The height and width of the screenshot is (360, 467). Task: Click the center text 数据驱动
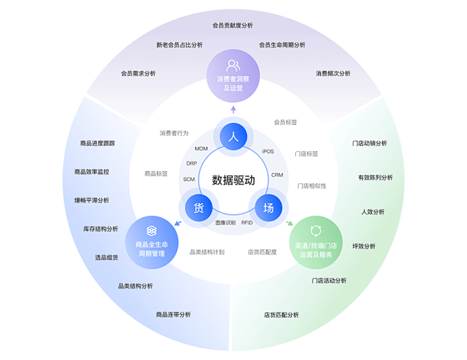click(233, 180)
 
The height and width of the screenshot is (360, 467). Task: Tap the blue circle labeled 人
click(233, 136)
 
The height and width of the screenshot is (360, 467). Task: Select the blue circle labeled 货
click(199, 208)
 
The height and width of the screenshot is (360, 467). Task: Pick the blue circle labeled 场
click(268, 208)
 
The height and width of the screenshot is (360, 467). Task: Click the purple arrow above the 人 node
click(233, 109)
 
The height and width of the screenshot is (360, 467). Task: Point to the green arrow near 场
click(290, 223)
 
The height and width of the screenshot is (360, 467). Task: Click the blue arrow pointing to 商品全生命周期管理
click(178, 223)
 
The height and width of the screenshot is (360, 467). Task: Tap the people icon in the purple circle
click(233, 65)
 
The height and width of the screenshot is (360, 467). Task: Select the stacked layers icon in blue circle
click(152, 231)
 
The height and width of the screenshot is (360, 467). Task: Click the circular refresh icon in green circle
click(316, 231)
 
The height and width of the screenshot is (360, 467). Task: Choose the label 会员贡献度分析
click(233, 26)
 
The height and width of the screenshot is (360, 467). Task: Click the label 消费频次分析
click(333, 73)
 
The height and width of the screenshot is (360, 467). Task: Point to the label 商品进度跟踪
click(97, 143)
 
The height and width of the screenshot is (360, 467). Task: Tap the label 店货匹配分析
click(281, 315)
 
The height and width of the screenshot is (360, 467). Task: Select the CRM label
click(277, 175)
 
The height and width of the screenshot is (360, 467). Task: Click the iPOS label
click(268, 151)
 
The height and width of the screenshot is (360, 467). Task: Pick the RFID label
click(247, 223)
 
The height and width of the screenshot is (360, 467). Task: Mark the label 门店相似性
click(312, 186)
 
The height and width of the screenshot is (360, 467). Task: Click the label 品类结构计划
click(207, 252)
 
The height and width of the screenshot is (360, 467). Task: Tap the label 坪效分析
click(364, 246)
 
